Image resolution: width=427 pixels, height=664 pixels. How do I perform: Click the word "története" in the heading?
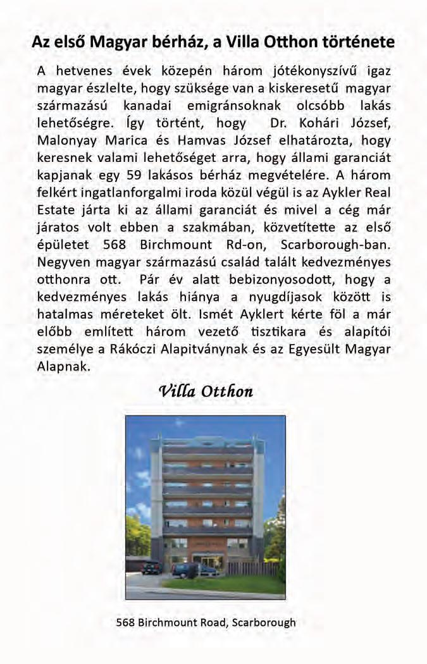point(360,43)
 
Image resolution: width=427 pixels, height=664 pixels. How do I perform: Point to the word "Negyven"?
point(63,261)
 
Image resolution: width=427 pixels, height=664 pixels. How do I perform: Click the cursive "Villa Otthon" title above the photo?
point(206,391)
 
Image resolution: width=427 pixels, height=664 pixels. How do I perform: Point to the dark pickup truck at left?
point(151,567)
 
